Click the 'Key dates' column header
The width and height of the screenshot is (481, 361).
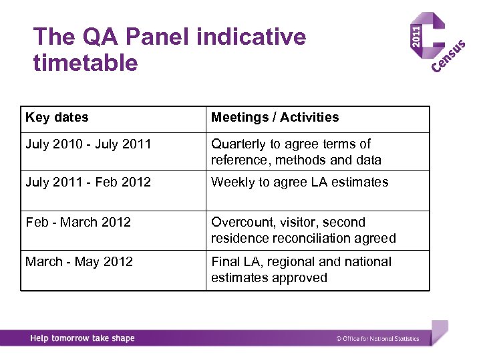(57, 118)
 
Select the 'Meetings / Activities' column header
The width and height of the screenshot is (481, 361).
(275, 118)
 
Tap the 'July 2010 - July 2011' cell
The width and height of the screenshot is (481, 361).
(88, 144)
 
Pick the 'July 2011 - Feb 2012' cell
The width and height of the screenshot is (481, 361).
(88, 182)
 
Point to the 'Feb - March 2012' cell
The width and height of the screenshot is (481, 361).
(78, 222)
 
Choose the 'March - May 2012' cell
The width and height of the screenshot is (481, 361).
(79, 261)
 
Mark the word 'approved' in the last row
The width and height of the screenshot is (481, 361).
(299, 277)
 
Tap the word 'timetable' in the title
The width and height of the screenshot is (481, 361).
(86, 64)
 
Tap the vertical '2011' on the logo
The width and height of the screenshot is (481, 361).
(416, 35)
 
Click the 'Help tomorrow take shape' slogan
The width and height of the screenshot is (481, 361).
(82, 338)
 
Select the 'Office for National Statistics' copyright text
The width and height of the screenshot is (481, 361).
(378, 339)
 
